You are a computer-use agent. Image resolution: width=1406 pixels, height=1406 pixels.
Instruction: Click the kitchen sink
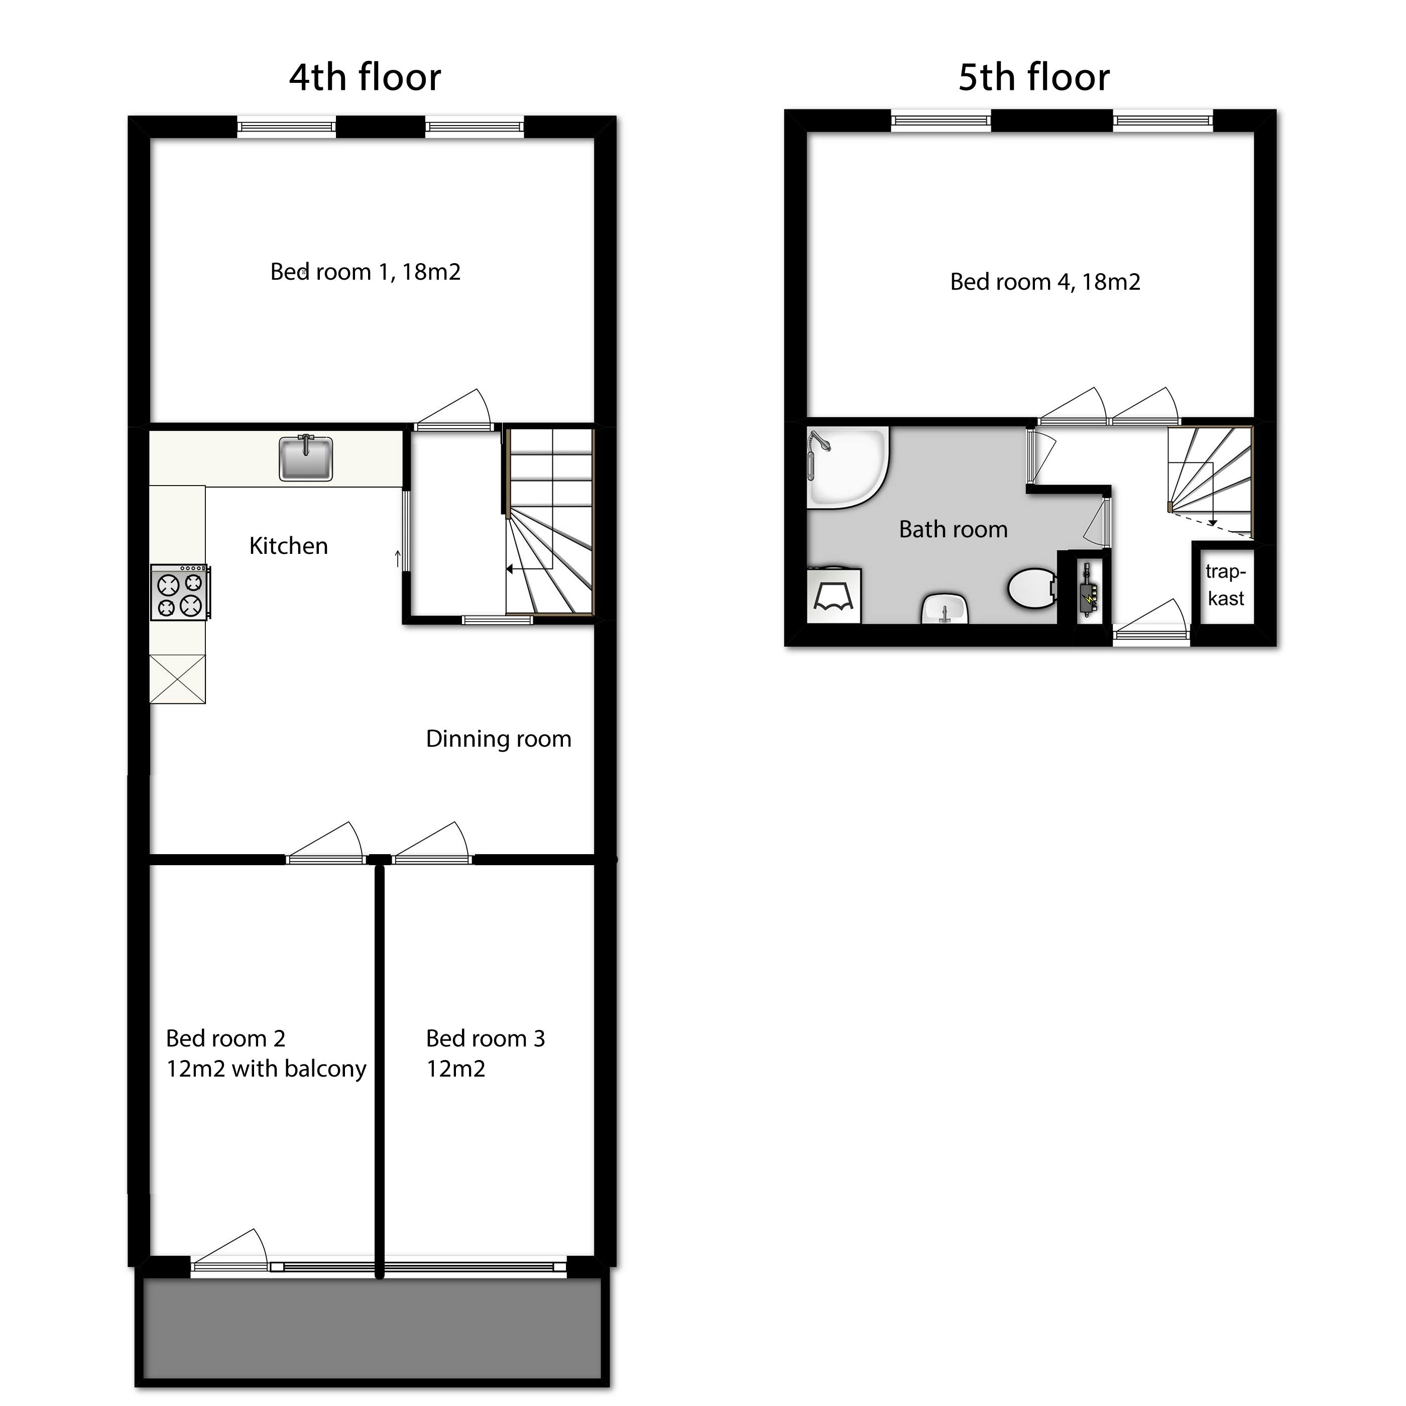point(306,458)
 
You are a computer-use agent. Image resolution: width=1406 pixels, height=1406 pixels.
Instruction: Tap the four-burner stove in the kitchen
point(180,593)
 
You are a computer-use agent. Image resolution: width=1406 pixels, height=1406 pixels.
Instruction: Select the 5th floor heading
point(1033,77)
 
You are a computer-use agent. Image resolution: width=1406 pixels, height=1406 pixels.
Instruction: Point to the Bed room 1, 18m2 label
point(366,272)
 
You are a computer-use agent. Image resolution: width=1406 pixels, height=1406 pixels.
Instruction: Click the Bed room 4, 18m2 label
point(1045,282)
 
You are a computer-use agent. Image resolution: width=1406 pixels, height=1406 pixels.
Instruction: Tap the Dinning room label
point(499,739)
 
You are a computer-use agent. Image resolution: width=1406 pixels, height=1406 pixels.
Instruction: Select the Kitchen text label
point(288,546)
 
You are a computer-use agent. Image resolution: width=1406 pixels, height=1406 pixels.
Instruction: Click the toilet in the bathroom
point(1032,588)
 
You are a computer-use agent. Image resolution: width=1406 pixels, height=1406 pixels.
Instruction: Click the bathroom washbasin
point(945,609)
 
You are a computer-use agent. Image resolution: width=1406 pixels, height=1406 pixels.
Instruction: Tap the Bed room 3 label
point(486,1054)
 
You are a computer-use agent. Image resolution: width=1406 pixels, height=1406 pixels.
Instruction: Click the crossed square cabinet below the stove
point(178,679)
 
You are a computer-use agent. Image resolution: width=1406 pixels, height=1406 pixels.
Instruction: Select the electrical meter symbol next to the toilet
point(1087,590)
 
